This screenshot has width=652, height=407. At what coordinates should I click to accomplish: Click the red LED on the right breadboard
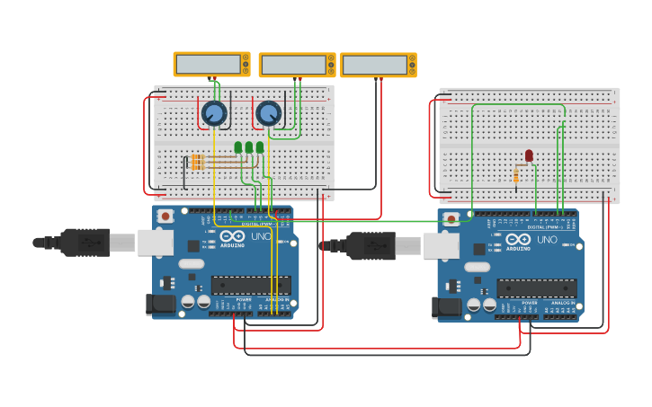(x=529, y=155)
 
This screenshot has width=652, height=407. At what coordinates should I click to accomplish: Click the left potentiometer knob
(x=214, y=113)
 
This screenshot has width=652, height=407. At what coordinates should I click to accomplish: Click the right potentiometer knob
(x=268, y=113)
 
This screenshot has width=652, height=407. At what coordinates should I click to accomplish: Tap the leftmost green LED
(x=238, y=147)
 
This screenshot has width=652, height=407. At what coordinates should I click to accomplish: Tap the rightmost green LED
(x=260, y=147)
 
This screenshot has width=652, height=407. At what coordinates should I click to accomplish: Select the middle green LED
(x=249, y=147)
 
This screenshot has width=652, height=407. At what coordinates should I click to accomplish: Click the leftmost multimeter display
(x=208, y=64)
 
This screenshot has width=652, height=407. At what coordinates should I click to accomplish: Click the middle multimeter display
(x=292, y=65)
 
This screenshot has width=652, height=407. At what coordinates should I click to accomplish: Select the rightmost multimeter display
(x=374, y=65)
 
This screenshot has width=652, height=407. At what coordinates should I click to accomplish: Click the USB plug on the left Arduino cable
(x=85, y=242)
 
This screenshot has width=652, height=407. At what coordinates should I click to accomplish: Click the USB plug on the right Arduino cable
(x=371, y=245)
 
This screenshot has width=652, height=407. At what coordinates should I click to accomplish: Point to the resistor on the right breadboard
(x=516, y=174)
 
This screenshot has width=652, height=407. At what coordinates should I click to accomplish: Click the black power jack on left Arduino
(x=161, y=305)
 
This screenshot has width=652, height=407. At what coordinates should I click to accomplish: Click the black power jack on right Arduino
(x=447, y=308)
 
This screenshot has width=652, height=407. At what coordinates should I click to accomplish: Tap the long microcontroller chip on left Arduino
(x=251, y=285)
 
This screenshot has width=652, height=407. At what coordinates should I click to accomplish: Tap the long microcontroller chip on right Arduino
(x=537, y=288)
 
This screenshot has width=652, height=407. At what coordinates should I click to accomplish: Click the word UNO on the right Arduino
(x=547, y=240)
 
